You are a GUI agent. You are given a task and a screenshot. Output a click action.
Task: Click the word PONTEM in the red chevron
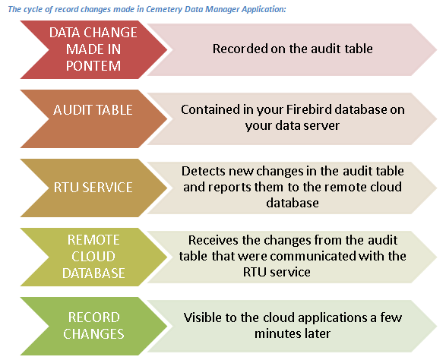pos(93,66)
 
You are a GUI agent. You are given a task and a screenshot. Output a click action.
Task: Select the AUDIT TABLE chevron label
pos(93,110)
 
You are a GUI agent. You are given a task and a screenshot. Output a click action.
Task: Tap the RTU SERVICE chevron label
pos(93,188)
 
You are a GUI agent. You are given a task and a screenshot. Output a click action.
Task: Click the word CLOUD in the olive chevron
pos(93,257)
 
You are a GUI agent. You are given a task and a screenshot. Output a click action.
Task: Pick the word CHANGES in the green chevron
pos(93,334)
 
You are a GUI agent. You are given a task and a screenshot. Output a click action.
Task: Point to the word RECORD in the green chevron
pos(94,317)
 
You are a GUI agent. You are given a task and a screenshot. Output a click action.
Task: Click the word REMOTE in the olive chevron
pos(93,240)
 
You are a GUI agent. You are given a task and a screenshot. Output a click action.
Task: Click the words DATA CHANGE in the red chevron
pos(93,33)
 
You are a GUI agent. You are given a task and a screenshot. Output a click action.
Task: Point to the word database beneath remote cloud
pos(293,203)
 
